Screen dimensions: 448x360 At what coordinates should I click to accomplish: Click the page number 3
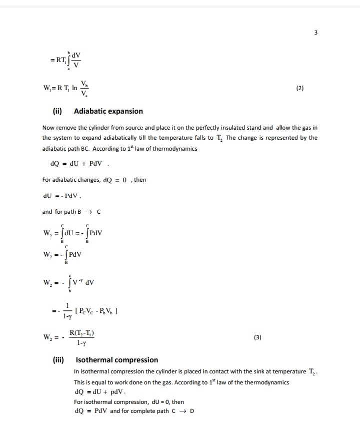coord(315,33)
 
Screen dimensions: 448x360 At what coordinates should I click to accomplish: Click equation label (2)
coord(299,88)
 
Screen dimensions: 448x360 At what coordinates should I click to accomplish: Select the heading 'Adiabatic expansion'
coord(108,111)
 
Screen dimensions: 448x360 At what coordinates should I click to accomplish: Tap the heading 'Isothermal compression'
coord(116,360)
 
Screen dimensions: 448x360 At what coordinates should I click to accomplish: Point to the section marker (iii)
coord(60,360)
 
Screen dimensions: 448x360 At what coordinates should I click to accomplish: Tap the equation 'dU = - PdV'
coord(62,196)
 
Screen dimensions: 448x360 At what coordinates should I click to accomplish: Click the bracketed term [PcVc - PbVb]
coord(95,310)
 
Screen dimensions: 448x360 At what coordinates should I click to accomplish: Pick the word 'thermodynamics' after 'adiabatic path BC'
coord(174,149)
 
